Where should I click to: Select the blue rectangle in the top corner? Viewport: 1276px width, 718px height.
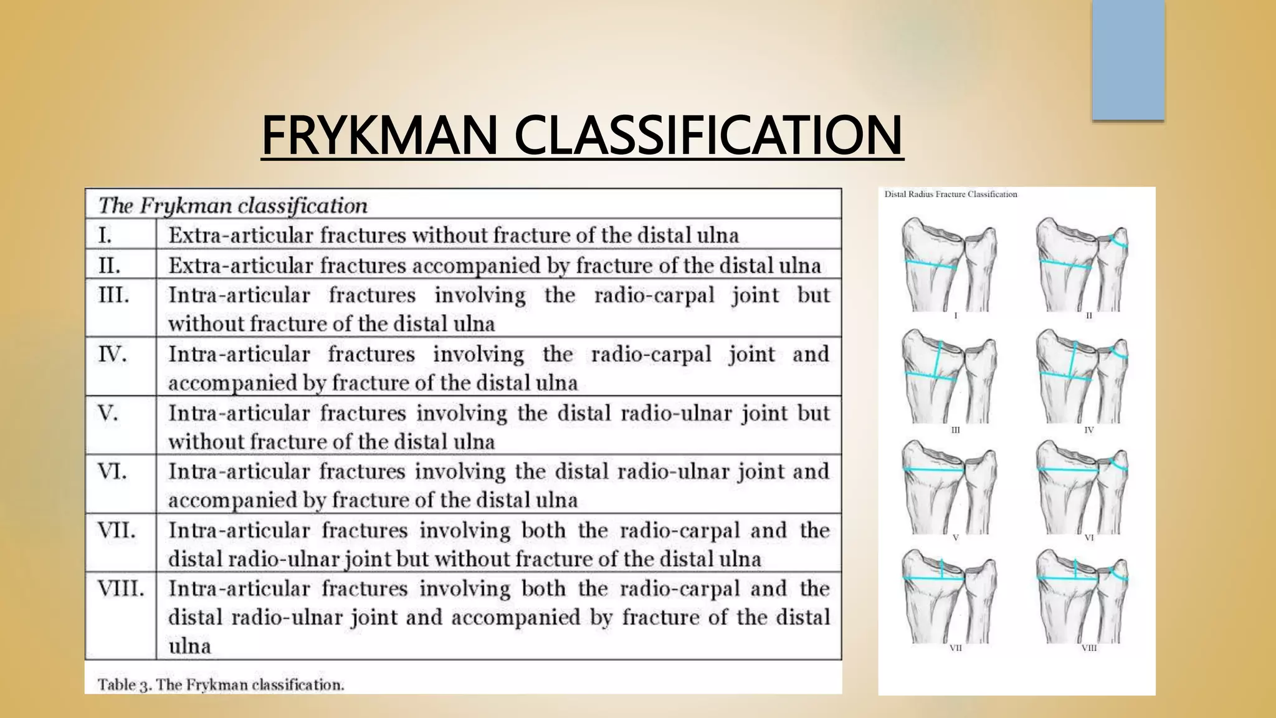click(x=1128, y=60)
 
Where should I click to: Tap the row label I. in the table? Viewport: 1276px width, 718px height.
click(x=105, y=235)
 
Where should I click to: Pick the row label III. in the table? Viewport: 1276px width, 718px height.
click(x=113, y=294)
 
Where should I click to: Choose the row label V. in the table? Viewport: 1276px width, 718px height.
click(x=107, y=413)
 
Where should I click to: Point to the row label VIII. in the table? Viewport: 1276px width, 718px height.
click(x=121, y=588)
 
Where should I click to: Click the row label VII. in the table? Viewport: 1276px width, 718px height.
click(x=117, y=530)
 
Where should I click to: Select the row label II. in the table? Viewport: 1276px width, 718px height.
click(x=109, y=266)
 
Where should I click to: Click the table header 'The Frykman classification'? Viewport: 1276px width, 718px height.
click(x=233, y=205)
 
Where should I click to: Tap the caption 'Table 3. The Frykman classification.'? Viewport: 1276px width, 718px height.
click(x=221, y=684)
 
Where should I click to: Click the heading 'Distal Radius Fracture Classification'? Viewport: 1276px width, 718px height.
click(x=951, y=194)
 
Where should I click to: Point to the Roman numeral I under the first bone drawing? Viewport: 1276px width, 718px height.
click(x=956, y=316)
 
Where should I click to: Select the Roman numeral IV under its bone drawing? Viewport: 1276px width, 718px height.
click(x=1088, y=430)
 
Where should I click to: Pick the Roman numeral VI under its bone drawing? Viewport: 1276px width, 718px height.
click(x=1088, y=537)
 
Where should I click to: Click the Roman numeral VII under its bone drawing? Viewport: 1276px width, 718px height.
click(x=956, y=648)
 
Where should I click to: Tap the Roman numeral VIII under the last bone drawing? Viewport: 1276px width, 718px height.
click(x=1088, y=648)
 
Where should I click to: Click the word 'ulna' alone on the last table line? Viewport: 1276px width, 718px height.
click(x=189, y=646)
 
